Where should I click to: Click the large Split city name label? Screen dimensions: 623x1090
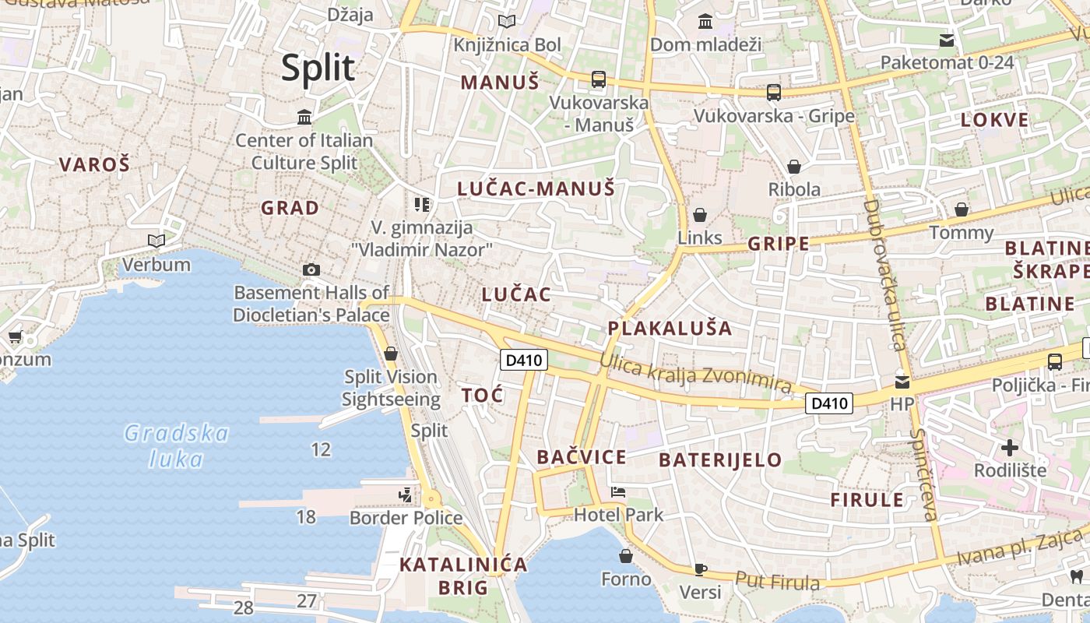(318, 68)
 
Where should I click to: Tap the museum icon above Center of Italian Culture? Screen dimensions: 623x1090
(304, 118)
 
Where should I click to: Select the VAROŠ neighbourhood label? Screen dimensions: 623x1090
(95, 164)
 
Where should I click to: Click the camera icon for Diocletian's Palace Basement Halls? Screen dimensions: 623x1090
(311, 269)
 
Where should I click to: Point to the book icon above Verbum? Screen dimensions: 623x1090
(156, 241)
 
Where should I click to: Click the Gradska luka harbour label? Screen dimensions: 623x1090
(177, 445)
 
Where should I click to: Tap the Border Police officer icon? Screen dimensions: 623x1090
(404, 495)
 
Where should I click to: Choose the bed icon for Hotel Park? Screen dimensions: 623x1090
(618, 491)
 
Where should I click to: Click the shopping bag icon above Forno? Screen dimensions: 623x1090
(625, 556)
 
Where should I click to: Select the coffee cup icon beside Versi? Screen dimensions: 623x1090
(700, 569)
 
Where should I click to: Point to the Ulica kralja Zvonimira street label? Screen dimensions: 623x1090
(694, 374)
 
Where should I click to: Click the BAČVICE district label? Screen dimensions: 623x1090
(581, 457)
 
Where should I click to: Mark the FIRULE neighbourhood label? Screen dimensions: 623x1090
(867, 500)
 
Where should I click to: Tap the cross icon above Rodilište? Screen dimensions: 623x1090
(1010, 448)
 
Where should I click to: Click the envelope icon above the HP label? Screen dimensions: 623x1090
(902, 382)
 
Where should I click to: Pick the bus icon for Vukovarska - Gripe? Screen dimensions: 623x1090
(773, 93)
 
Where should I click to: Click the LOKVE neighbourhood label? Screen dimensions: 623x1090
(994, 120)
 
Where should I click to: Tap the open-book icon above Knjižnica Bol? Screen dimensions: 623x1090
(507, 22)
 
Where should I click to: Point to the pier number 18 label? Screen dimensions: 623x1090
(306, 516)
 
